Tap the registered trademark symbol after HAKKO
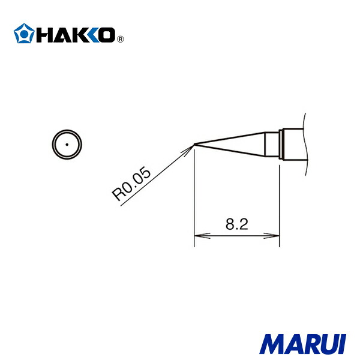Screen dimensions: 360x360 119,40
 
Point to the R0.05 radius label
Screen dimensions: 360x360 130,184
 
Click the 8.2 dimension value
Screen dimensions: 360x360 237,225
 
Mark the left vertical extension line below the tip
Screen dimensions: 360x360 194,198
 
